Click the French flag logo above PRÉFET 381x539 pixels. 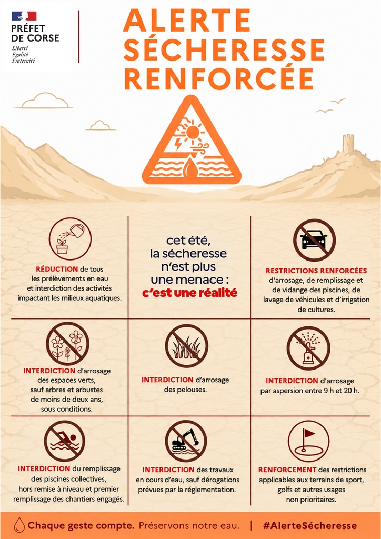point(24,16)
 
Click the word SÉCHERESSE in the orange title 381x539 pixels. point(224,49)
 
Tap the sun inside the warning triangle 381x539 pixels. point(193,132)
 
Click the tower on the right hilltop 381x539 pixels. point(348,143)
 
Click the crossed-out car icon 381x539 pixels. point(314,240)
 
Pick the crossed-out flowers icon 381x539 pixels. point(68,343)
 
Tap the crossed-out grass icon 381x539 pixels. point(186,345)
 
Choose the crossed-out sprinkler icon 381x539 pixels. point(308,348)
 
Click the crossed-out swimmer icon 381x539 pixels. point(65,441)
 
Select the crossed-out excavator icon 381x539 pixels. point(186,441)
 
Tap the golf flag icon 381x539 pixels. point(308,441)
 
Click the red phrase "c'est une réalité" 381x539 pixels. point(189,293)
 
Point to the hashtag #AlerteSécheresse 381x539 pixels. point(309,526)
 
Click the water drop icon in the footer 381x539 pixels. point(19,525)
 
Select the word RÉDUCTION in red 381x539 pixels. point(57,269)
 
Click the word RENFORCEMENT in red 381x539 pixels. point(287,470)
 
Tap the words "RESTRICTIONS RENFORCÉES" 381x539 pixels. point(316,271)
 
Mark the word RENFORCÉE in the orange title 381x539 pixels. point(219,78)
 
